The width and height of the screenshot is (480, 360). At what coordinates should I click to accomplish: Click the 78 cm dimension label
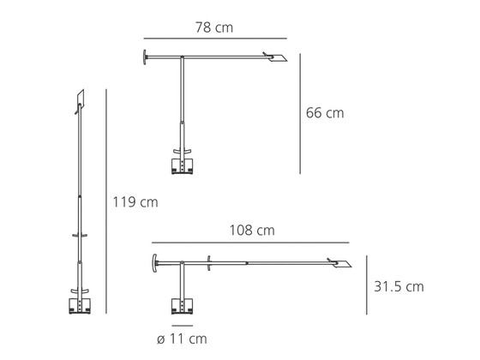point(214,27)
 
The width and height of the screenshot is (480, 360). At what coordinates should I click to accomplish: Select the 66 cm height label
point(325,112)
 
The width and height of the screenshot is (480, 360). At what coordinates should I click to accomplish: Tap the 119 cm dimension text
point(135,202)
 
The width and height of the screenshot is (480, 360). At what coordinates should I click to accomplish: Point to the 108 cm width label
point(252,231)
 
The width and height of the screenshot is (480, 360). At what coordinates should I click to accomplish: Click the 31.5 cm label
point(399,286)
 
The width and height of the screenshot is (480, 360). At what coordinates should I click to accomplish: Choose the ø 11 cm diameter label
point(182,339)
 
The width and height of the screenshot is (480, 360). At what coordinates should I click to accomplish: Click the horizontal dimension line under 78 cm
point(215,39)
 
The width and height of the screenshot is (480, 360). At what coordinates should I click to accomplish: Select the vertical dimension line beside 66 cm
point(300,114)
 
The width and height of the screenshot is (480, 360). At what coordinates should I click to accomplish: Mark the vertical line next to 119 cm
point(106,201)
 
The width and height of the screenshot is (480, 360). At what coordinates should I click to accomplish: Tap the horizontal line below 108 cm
point(250,243)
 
